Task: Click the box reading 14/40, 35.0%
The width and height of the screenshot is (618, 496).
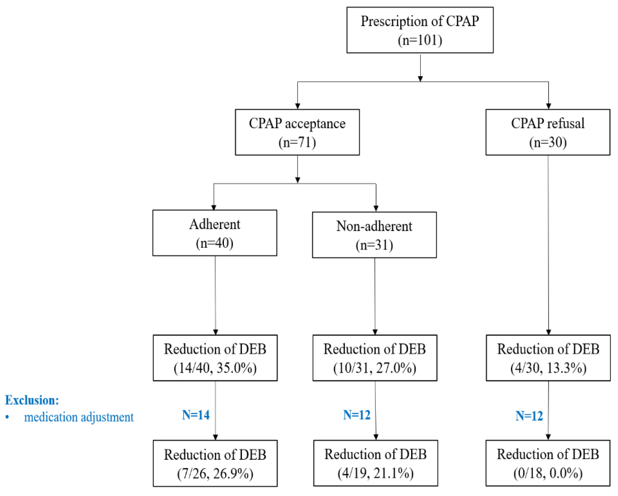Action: [215, 358]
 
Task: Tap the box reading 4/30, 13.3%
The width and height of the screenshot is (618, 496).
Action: [548, 358]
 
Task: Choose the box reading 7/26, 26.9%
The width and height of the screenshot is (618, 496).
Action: [215, 463]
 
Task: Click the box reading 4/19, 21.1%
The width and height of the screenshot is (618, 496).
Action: [375, 463]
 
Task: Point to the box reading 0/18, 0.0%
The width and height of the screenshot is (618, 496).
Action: [548, 463]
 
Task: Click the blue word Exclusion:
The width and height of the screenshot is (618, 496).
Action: [32, 400]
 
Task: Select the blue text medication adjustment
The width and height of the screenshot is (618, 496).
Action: [79, 417]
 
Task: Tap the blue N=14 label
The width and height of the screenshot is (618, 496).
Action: [196, 415]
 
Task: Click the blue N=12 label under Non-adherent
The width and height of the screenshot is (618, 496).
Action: [357, 415]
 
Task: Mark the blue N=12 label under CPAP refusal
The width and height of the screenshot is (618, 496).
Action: [529, 416]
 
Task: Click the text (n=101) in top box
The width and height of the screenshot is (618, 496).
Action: [420, 40]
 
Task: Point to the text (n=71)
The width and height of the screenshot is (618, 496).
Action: [297, 142]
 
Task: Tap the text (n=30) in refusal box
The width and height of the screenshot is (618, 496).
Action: [548, 142]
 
